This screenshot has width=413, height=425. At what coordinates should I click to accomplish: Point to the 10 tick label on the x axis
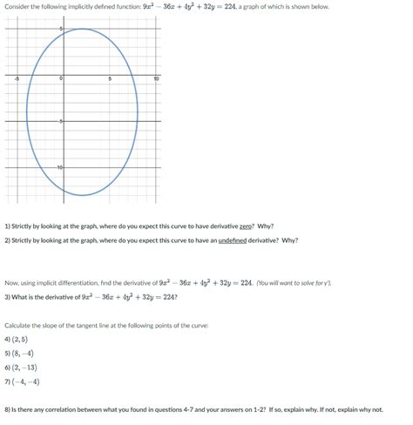(156, 79)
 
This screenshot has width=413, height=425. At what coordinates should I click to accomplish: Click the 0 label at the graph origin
(60, 79)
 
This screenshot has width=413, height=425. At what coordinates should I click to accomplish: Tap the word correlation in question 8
(64, 408)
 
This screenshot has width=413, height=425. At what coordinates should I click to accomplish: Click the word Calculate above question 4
(18, 325)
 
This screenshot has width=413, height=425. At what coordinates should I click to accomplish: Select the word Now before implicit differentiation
(11, 283)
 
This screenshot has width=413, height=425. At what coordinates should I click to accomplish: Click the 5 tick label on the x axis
(109, 79)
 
